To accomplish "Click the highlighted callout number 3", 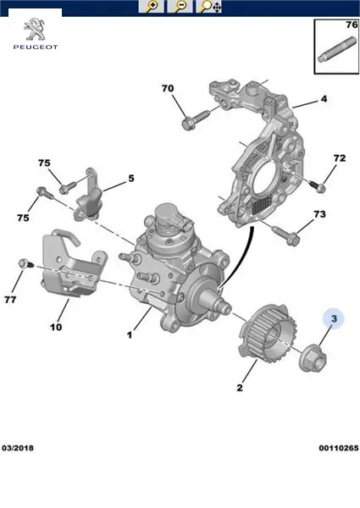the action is (334, 318).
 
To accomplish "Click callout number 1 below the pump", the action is (130, 334).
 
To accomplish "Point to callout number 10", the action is (56, 327).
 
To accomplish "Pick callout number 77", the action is (10, 300).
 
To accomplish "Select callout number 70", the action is (168, 88).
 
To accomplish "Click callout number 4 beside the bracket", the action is (324, 99).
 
